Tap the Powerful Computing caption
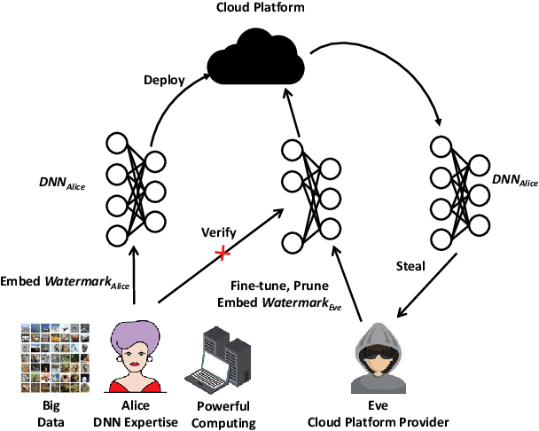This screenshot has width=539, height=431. [222, 414]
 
